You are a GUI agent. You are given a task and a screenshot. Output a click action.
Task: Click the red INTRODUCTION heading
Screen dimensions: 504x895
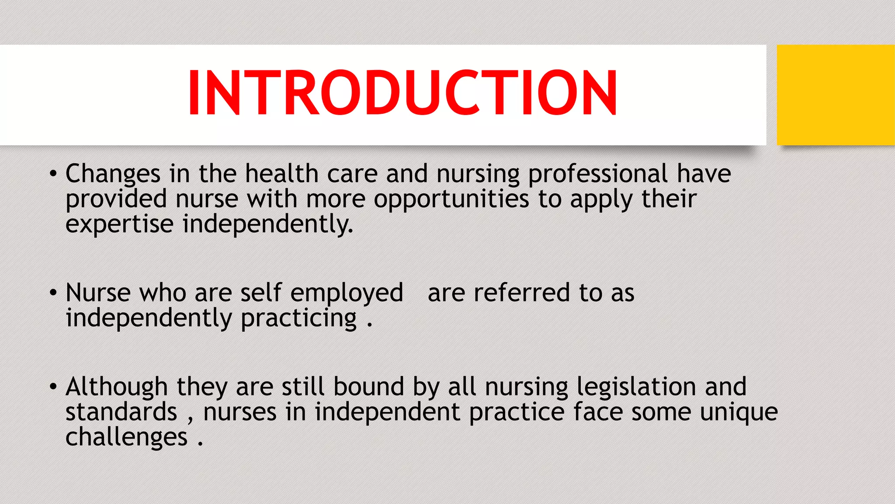click(x=402, y=93)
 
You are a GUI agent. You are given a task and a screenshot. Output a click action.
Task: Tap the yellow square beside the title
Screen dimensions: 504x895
click(x=835, y=95)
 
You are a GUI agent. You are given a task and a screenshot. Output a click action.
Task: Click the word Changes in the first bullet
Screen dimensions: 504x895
click(x=113, y=174)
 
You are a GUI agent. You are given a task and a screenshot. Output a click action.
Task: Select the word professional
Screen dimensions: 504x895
click(x=598, y=174)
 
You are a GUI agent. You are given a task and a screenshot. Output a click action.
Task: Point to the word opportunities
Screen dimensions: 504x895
click(x=451, y=199)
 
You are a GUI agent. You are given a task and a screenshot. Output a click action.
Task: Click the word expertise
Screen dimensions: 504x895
click(x=119, y=224)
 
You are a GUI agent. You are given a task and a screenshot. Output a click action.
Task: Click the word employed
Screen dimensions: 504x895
click(x=347, y=293)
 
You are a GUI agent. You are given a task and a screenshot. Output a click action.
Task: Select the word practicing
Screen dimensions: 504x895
click(x=298, y=318)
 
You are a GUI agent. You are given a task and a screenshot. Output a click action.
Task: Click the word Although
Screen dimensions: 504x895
click(x=116, y=387)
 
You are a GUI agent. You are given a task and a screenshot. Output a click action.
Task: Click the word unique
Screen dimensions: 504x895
click(x=739, y=413)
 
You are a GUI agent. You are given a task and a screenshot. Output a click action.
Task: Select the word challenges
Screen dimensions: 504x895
click(x=126, y=437)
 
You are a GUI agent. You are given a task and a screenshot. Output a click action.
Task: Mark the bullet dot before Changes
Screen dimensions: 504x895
click(x=53, y=174)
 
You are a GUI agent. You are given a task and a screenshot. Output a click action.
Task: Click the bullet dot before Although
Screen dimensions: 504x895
click(x=53, y=387)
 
